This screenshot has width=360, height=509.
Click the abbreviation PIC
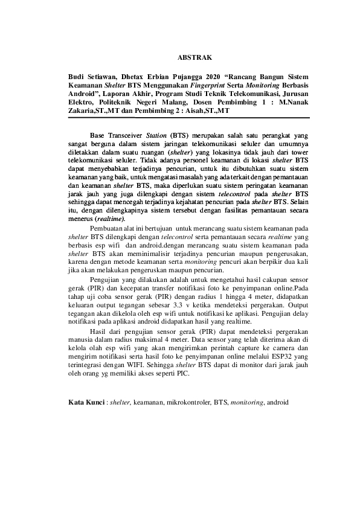(x=183, y=374)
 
